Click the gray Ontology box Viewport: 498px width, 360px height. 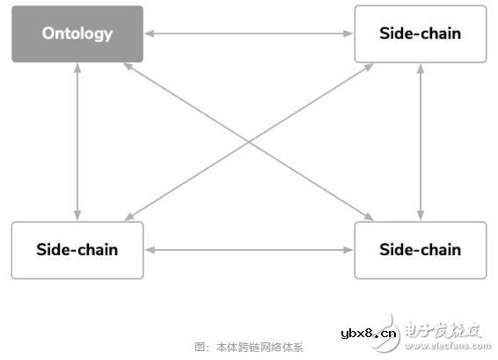tap(77, 34)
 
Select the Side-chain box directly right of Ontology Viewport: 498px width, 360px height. tap(420, 34)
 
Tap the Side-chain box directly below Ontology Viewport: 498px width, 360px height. tap(77, 250)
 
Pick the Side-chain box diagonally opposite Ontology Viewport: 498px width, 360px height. tap(420, 250)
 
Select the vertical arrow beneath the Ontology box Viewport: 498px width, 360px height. tap(77, 142)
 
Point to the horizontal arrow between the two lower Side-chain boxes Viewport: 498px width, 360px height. tap(248, 250)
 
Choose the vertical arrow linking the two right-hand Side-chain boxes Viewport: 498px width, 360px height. tap(421, 142)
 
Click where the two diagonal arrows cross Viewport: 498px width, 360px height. tap(248, 142)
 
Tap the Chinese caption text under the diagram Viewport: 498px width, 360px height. tap(248, 347)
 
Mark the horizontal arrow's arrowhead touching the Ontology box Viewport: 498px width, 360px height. tap(149, 34)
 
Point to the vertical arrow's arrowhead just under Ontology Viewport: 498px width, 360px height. tap(77, 68)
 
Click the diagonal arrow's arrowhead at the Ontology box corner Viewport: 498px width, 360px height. tap(127, 66)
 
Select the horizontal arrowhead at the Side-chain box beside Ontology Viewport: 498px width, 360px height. tap(348, 34)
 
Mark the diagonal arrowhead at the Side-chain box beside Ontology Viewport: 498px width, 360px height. tap(370, 66)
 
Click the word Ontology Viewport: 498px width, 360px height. tap(77, 34)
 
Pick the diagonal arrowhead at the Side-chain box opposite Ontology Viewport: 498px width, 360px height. tap(370, 217)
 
